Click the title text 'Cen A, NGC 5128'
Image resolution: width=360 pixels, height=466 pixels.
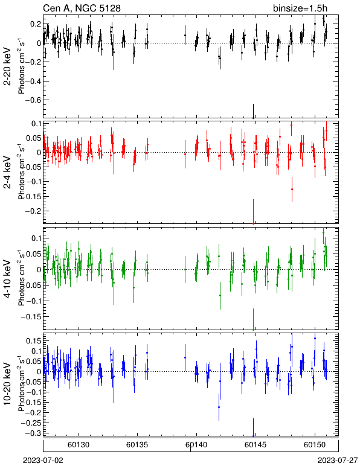[x=82, y=8]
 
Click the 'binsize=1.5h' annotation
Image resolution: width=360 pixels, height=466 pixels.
[x=300, y=8]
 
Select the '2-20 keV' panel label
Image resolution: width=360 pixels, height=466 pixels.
[x=8, y=66]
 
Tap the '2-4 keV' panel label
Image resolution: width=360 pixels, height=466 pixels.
[x=8, y=173]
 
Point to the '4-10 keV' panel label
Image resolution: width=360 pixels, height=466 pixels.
[x=8, y=279]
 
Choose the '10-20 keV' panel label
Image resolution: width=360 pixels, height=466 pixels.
[x=8, y=384]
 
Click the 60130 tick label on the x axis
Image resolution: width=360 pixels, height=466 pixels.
[x=79, y=445]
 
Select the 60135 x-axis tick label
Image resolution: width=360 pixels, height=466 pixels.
[x=137, y=445]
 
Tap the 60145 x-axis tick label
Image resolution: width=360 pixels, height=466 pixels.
[x=256, y=445]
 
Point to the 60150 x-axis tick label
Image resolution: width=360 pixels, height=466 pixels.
[x=315, y=445]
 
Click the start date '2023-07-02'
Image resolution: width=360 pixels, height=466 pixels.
[x=43, y=461]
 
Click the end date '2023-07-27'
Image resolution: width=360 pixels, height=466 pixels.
[x=338, y=461]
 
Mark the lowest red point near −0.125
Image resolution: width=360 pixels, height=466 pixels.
[x=292, y=189]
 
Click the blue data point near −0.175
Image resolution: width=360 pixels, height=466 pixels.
[x=219, y=407]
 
